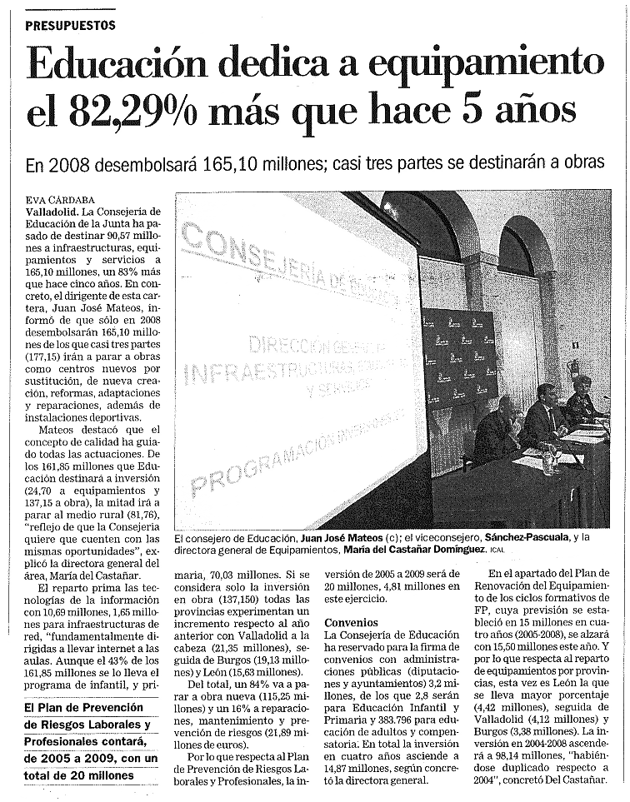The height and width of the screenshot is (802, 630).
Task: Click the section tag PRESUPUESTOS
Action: tap(70, 26)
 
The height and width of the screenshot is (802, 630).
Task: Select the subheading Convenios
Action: tap(351, 622)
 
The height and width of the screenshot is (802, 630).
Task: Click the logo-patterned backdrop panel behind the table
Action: tap(459, 358)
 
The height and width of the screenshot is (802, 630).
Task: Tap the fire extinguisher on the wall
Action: tap(572, 367)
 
